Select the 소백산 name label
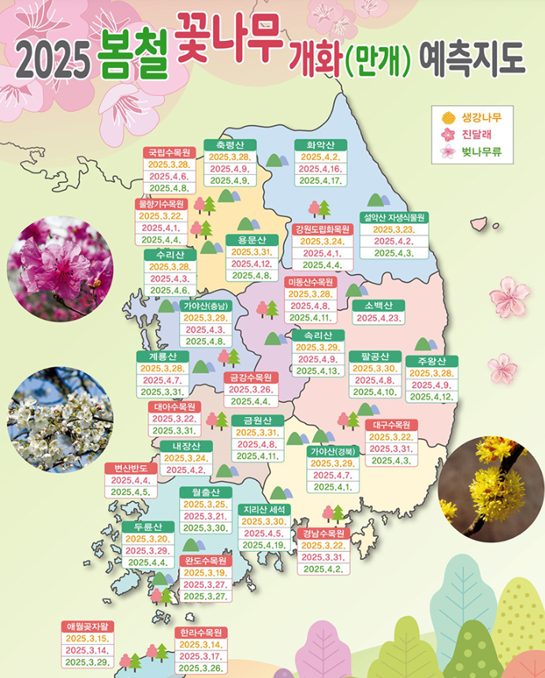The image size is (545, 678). pos(379,305)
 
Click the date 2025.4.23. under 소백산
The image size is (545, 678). pos(379,318)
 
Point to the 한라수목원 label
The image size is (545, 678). pos(201,632)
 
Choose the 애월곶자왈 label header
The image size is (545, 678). pos(89,626)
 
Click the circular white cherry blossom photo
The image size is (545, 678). pos(59,419)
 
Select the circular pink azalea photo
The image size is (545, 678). pos(59,270)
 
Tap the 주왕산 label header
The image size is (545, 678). pos(431,361)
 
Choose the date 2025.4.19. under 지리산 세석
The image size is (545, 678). pos(264,545)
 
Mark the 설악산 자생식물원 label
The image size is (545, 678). pos(394,217)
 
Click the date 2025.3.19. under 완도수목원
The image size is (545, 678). pos(205,572)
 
